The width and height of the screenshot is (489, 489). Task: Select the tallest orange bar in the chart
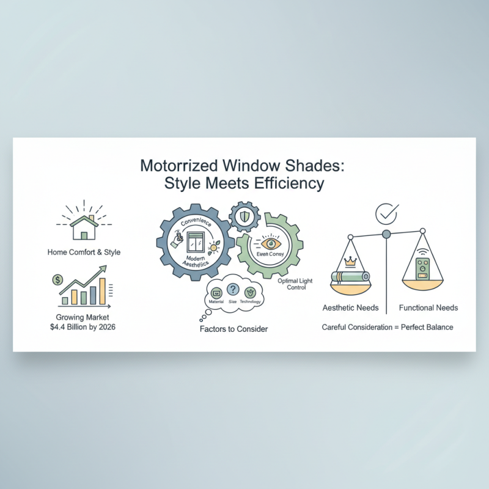tap(102, 291)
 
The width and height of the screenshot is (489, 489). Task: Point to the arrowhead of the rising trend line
tap(104, 268)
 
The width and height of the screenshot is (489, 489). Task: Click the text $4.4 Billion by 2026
tap(83, 328)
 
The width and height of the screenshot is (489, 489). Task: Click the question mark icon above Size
tap(232, 290)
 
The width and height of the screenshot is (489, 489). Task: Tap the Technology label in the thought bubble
tap(251, 302)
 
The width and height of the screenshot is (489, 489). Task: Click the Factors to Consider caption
tap(233, 329)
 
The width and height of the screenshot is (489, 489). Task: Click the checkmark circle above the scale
tap(386, 213)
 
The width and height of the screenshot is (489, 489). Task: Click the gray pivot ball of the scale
tap(386, 234)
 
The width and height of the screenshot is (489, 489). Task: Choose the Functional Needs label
tap(428, 307)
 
